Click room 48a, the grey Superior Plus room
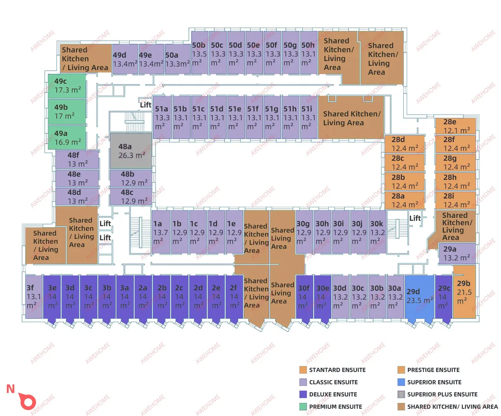coord(131,151)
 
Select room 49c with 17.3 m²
coord(67,86)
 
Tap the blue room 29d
coord(419,297)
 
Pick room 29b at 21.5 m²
coord(464,292)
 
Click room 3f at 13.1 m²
coord(34,297)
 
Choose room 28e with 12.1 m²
coord(456,126)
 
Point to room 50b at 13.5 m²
coord(200,52)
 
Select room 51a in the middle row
coord(162,117)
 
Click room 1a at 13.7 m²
coord(161,232)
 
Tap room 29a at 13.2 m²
coord(457,253)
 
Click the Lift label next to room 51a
coord(146,105)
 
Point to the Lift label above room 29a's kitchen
coord(415,218)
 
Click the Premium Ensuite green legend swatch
coord(303,407)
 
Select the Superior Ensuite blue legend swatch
coord(401,382)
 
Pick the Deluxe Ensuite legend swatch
coord(303,394)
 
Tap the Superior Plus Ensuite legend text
coord(443,394)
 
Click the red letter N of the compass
coord(10,389)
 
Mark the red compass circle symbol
coord(28,401)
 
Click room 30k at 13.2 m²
coord(377,232)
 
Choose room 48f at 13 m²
coord(77,159)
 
